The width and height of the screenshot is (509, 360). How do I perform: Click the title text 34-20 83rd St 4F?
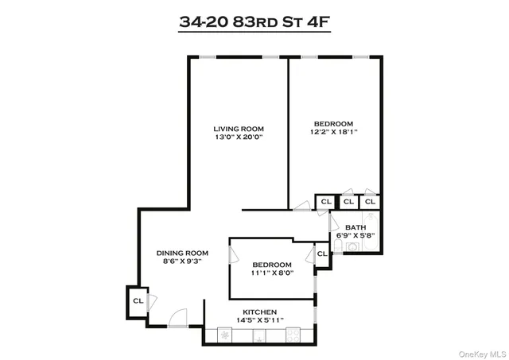(x=254, y=21)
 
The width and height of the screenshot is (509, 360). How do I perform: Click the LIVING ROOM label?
(x=238, y=129)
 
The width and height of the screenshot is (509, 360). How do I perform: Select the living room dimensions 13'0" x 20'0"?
(x=238, y=137)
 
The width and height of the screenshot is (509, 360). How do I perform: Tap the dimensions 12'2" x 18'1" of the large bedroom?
(x=333, y=132)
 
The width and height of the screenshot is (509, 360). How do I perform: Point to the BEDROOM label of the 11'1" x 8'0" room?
(x=272, y=265)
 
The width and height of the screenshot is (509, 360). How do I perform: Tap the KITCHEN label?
(x=259, y=312)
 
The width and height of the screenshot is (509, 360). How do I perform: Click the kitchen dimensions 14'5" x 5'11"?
(x=259, y=320)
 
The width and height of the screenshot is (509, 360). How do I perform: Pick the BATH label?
(x=356, y=227)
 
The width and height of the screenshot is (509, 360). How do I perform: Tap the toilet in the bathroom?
(x=338, y=246)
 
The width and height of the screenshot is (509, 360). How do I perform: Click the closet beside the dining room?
(x=137, y=301)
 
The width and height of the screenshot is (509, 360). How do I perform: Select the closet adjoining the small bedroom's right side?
(x=322, y=254)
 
